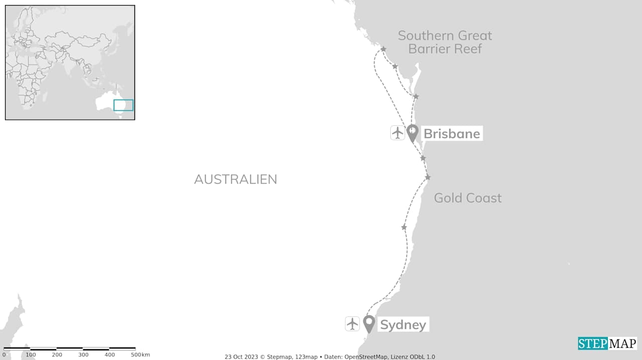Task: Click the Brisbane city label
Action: pos(451,134)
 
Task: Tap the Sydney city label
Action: pos(403,324)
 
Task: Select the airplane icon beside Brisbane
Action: pos(398,133)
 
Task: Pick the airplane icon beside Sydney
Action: pos(353,323)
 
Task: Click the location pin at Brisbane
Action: pos(412,133)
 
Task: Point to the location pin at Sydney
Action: pos(369,323)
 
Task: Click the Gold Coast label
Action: pos(467,198)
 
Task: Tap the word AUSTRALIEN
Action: pos(235,179)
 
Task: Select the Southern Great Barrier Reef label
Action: pos(445,42)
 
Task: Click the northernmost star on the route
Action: pos(383,49)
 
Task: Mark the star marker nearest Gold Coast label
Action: pos(427,177)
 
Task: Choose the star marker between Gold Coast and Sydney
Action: pos(404,228)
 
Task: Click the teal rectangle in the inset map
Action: pos(123,105)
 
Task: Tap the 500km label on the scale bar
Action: pos(140,355)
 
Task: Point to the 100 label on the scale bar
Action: pos(31,355)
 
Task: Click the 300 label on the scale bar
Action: pos(83,355)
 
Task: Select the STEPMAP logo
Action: pos(607,343)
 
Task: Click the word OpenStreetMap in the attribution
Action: pos(365,357)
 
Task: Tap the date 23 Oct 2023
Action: pos(241,357)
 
